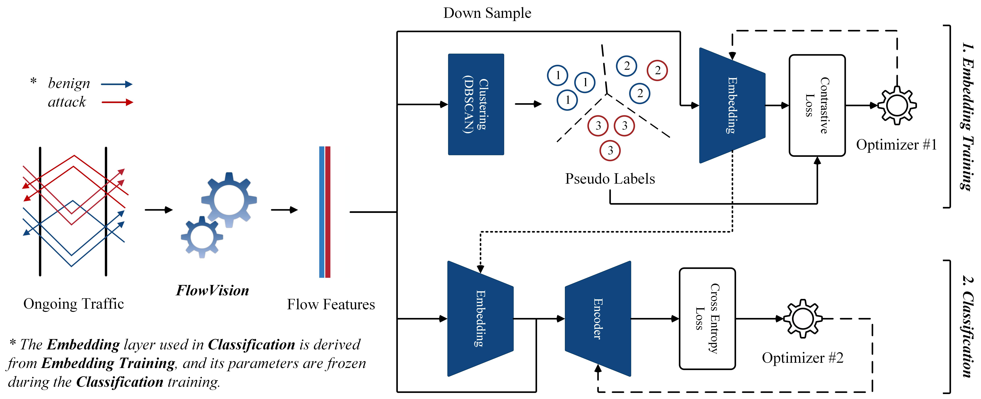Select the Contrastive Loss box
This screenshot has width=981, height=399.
tap(817, 106)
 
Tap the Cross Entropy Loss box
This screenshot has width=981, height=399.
tap(707, 319)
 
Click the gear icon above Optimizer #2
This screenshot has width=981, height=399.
tap(802, 319)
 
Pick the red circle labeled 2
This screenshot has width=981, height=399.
tap(657, 71)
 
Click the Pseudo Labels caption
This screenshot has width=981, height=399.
tap(610, 179)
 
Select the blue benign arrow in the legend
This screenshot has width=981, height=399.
tap(117, 84)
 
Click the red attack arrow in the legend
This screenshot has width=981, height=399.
tap(117, 102)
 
